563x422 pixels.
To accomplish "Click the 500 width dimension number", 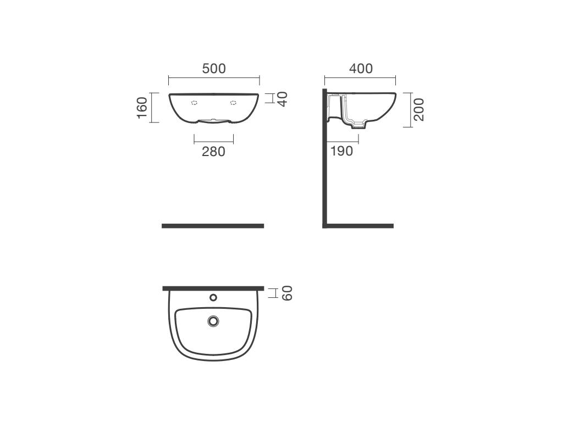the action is click(214, 69).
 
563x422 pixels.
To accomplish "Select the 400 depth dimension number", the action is click(361, 69).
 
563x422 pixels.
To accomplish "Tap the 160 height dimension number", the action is click(142, 108).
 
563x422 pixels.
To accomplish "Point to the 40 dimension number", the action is click(283, 99).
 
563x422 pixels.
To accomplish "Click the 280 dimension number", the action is click(214, 152).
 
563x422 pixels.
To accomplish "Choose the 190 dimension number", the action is click(341, 151).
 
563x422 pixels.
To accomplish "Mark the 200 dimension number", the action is click(418, 109).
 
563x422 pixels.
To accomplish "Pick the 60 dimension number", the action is click(287, 293).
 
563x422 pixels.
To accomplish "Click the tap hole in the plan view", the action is click(213, 297).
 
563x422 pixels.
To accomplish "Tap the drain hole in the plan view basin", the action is click(213, 321).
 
